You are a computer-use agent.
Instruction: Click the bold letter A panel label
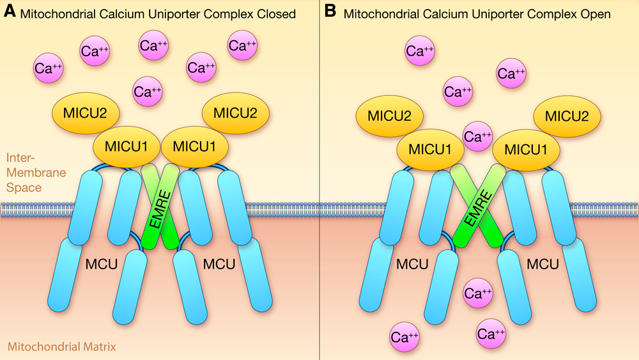click(x=10, y=12)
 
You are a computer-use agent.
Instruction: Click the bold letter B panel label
click(x=330, y=12)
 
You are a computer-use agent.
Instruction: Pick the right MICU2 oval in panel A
click(x=236, y=113)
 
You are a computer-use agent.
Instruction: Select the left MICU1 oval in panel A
click(x=126, y=146)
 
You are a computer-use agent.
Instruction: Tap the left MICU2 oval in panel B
click(x=389, y=116)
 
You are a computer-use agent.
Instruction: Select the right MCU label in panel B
click(x=544, y=263)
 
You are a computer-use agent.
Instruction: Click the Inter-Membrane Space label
click(x=24, y=173)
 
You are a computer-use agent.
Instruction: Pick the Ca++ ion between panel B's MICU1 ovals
click(x=478, y=136)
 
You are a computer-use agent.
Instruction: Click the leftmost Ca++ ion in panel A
click(x=49, y=68)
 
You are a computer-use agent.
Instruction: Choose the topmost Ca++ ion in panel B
click(x=420, y=51)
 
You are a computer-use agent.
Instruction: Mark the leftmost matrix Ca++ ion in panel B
click(x=404, y=336)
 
